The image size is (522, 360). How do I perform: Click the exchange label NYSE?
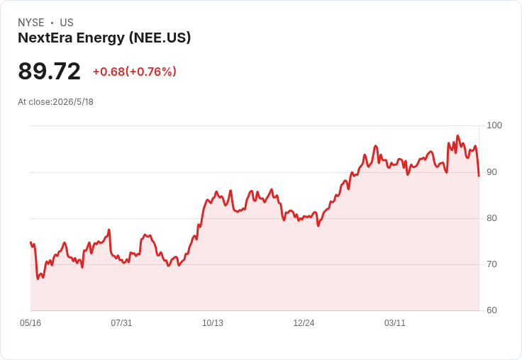pyautogui.click(x=31, y=23)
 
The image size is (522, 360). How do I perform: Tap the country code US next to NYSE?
pyautogui.click(x=67, y=23)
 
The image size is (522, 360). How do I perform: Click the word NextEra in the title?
pyautogui.click(x=45, y=38)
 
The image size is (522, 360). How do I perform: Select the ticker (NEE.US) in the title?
pyautogui.click(x=160, y=38)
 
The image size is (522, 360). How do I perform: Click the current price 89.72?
pyautogui.click(x=49, y=71)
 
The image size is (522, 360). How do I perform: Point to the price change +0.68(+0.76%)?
pyautogui.click(x=135, y=72)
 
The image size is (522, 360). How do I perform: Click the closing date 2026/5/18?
pyautogui.click(x=73, y=102)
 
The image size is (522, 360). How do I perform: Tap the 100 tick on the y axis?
pyautogui.click(x=494, y=125)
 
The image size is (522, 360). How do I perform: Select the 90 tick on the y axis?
pyautogui.click(x=492, y=172)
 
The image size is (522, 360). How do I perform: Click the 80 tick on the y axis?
pyautogui.click(x=492, y=218)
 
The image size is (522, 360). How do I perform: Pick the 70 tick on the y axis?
pyautogui.click(x=492, y=264)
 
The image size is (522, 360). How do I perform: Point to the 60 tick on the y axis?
pyautogui.click(x=492, y=310)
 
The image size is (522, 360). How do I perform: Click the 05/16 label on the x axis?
pyautogui.click(x=30, y=323)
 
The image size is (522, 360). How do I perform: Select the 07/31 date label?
pyautogui.click(x=121, y=323)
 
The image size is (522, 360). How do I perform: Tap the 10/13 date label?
pyautogui.click(x=213, y=323)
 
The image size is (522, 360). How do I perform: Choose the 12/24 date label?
pyautogui.click(x=304, y=323)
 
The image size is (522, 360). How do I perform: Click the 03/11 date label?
pyautogui.click(x=395, y=323)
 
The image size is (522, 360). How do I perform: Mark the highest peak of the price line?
pyautogui.click(x=457, y=136)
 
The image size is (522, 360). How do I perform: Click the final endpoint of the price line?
pyautogui.click(x=479, y=176)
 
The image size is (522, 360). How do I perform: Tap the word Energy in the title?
pyautogui.click(x=101, y=38)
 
